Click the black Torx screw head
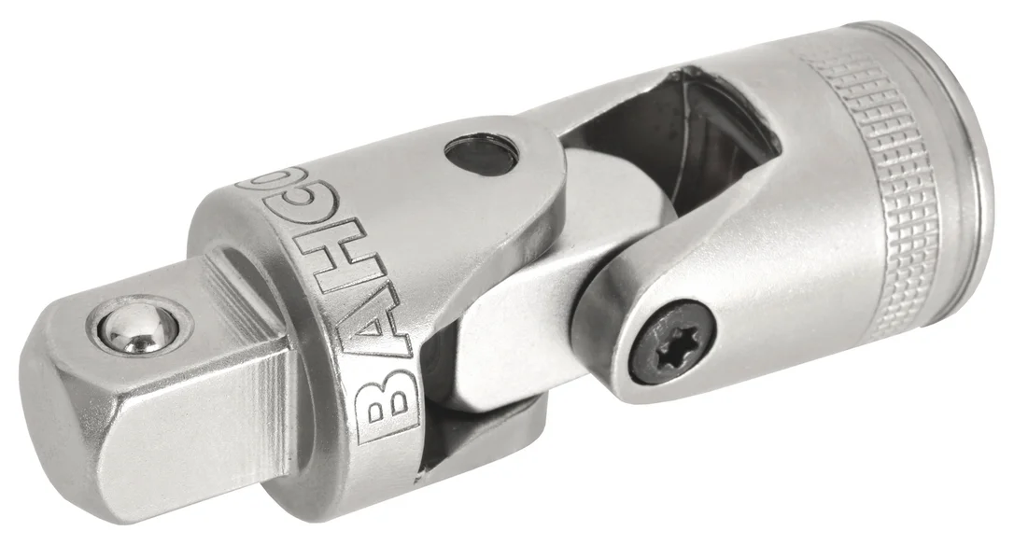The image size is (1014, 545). point(673,341)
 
